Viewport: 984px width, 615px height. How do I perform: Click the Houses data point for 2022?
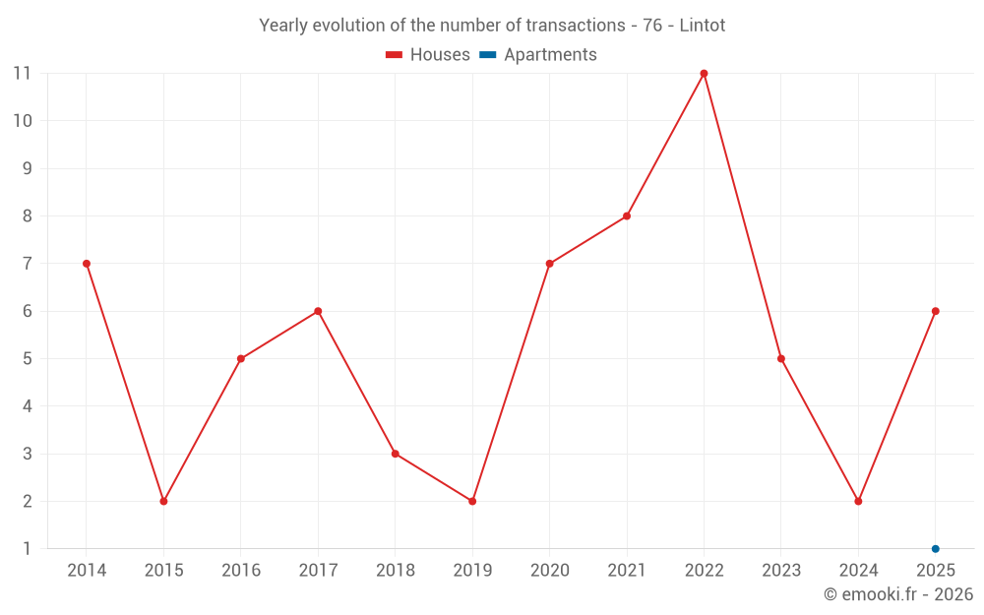[704, 74]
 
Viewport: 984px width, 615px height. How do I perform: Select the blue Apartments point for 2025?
[935, 549]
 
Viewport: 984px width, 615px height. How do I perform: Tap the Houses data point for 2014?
[87, 264]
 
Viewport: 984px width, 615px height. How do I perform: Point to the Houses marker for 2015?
[163, 502]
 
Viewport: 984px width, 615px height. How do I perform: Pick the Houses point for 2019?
[472, 502]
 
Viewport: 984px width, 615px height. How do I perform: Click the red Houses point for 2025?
[935, 311]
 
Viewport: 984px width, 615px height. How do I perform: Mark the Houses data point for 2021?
[626, 215]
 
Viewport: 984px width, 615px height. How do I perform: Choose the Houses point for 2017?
[318, 311]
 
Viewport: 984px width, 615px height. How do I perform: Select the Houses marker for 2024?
[858, 502]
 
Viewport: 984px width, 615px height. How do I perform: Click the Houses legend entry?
[427, 54]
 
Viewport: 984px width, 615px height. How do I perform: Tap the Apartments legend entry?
[538, 54]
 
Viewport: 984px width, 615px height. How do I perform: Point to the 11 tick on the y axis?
[22, 74]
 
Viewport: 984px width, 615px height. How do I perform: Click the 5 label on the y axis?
[27, 359]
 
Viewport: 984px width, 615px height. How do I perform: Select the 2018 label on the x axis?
[396, 570]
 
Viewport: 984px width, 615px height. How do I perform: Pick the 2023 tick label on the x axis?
[781, 570]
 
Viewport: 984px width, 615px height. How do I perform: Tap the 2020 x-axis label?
[550, 570]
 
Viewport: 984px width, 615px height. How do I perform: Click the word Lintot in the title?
[703, 26]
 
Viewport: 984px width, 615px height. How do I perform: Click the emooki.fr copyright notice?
[898, 593]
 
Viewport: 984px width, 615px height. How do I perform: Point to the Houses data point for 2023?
[780, 359]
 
